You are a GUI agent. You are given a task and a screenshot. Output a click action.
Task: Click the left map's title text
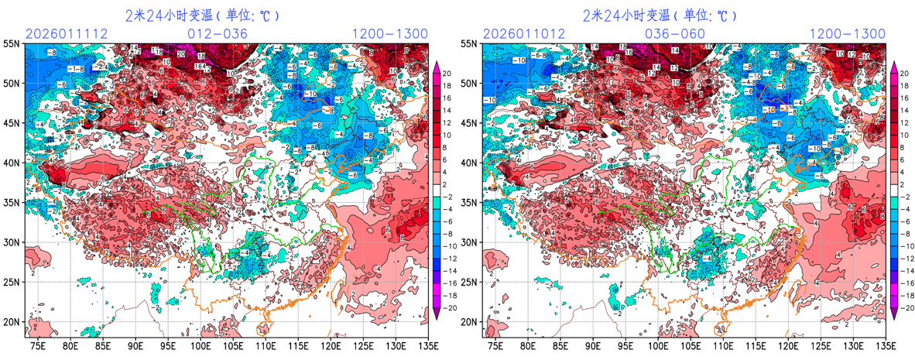202,15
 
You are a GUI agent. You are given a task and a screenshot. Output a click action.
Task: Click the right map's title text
660,15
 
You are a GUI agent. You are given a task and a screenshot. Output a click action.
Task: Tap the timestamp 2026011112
65,34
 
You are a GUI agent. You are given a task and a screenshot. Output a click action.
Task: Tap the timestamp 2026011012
523,34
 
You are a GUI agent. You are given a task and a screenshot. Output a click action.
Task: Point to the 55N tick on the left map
12,44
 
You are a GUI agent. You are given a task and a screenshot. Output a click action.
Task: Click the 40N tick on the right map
470,163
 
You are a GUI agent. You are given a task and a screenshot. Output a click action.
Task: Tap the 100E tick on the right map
659,345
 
